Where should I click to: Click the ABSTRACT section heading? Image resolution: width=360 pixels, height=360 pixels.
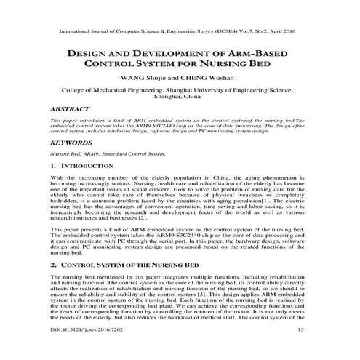68,106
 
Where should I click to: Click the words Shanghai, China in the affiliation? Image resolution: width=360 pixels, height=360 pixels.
180,95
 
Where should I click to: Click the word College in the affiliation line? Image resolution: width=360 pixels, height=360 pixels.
73,87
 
